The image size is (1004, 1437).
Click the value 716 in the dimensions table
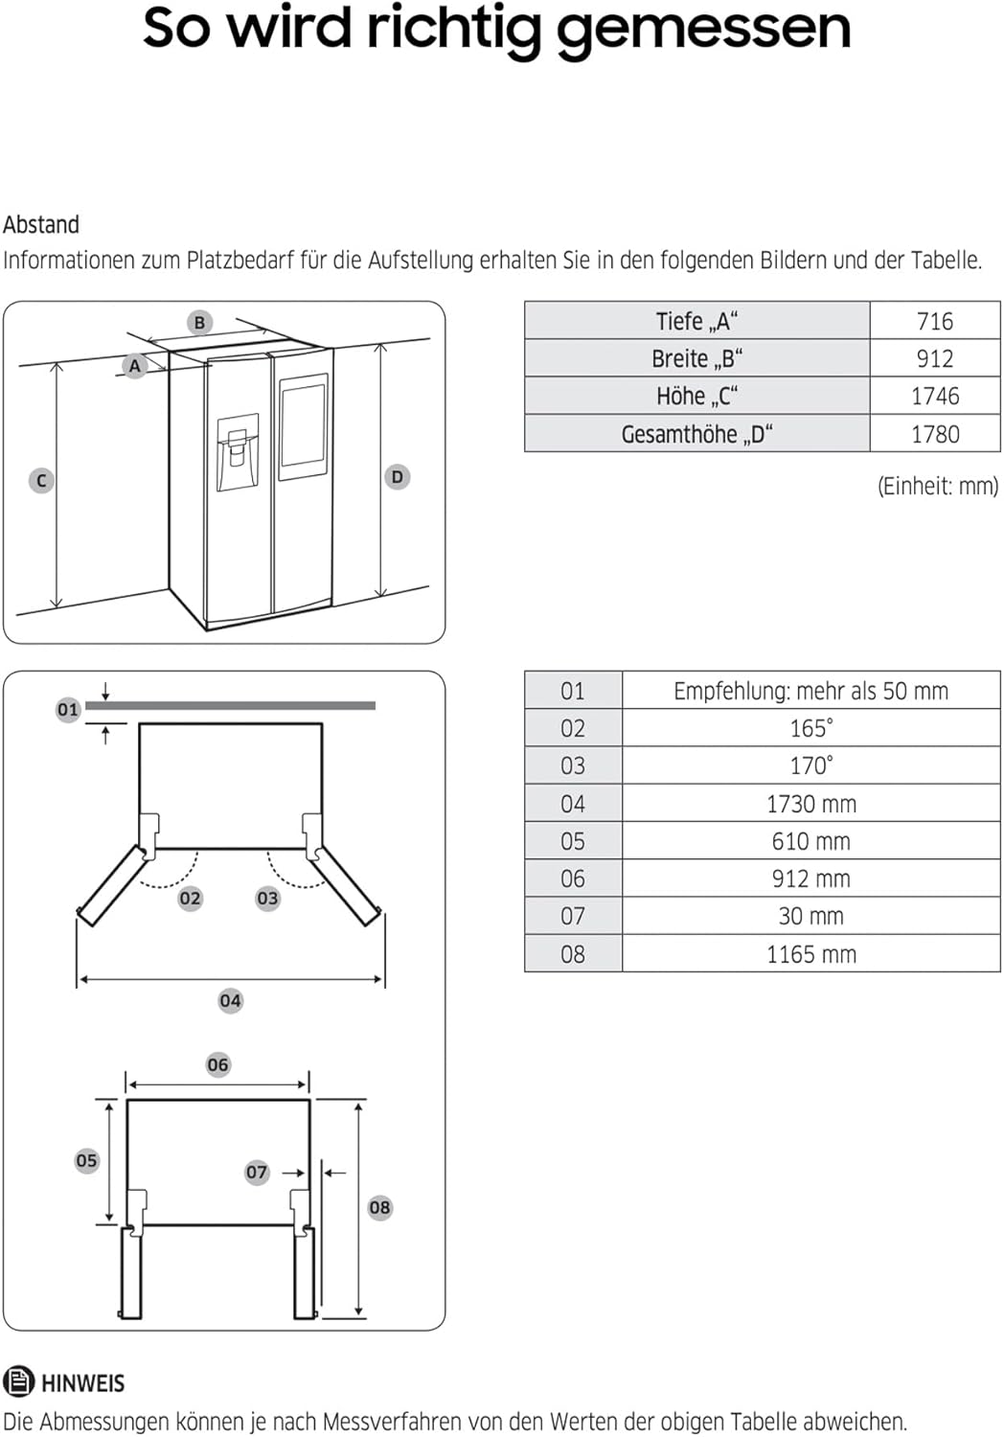pyautogui.click(x=934, y=321)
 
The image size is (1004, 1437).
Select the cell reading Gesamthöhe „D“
pyautogui.click(x=696, y=434)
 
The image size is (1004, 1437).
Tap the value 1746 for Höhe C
pyautogui.click(x=934, y=396)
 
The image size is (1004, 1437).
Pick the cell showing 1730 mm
pyautogui.click(x=810, y=804)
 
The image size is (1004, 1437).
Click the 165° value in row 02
pyautogui.click(x=810, y=728)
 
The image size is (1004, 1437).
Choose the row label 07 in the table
pyautogui.click(x=572, y=916)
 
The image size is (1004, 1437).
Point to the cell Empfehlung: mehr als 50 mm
pyautogui.click(x=810, y=691)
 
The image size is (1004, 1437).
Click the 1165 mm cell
pyautogui.click(x=810, y=954)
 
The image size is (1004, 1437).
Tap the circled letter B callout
pyautogui.click(x=199, y=323)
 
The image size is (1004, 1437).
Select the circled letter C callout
pyautogui.click(x=41, y=481)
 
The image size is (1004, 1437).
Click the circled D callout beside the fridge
pyautogui.click(x=397, y=477)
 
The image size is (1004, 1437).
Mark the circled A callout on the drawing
pyautogui.click(x=135, y=366)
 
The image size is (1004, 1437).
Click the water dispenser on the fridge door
pyautogui.click(x=237, y=452)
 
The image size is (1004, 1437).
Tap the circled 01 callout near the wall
pyautogui.click(x=67, y=710)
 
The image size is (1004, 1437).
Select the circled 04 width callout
pyautogui.click(x=230, y=1001)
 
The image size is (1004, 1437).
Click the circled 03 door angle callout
pyautogui.click(x=267, y=899)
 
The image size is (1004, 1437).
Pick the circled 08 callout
pyautogui.click(x=379, y=1208)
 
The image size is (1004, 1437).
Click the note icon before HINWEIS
pyautogui.click(x=18, y=1381)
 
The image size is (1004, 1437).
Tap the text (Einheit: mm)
pyautogui.click(x=937, y=486)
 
